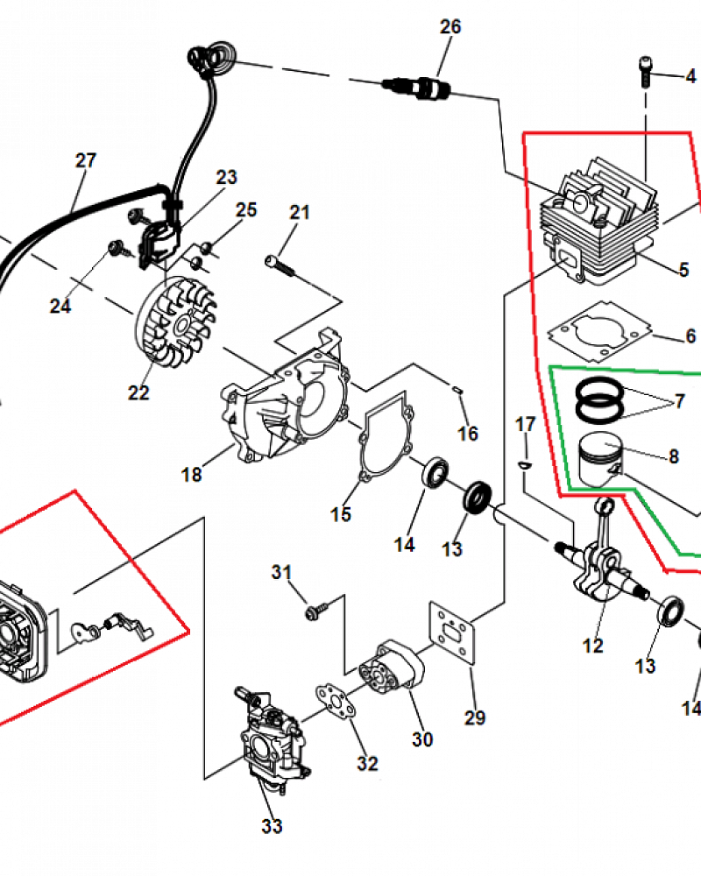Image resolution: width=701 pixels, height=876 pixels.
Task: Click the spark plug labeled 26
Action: (418, 88)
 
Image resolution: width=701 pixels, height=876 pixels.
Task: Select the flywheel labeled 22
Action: (176, 322)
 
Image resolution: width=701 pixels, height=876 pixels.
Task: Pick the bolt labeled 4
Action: (646, 72)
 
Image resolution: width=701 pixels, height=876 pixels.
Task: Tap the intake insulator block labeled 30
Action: (393, 668)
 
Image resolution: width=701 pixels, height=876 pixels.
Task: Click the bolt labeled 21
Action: (279, 265)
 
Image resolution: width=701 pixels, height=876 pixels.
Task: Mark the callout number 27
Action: (86, 161)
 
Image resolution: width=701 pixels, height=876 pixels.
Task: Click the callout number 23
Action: (226, 177)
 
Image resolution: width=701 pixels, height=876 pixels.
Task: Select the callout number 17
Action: (525, 425)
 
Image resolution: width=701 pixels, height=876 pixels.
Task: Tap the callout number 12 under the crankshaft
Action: (592, 646)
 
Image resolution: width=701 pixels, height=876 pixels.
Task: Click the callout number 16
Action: (468, 434)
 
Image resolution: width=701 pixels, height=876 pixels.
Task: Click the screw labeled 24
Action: (118, 248)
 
